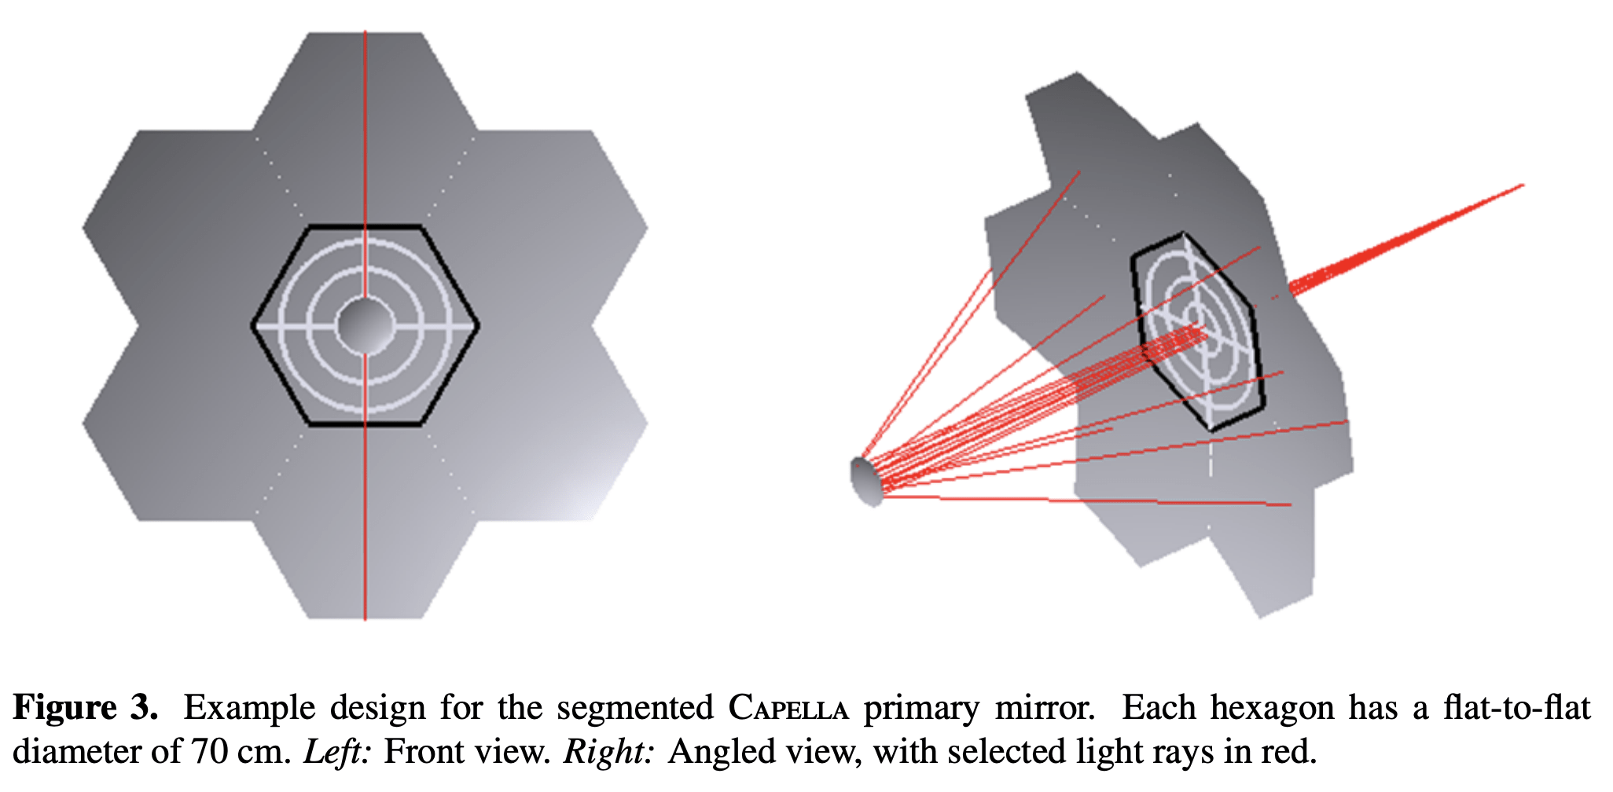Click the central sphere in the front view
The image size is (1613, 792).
click(x=365, y=324)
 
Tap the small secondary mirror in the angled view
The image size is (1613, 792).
click(x=865, y=480)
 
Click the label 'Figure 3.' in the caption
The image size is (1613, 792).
click(x=85, y=708)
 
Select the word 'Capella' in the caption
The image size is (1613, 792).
click(x=788, y=708)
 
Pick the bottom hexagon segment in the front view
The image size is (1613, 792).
click(x=365, y=522)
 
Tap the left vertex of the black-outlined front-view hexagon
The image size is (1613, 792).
click(x=253, y=324)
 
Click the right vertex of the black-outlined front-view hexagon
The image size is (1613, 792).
click(x=477, y=324)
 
